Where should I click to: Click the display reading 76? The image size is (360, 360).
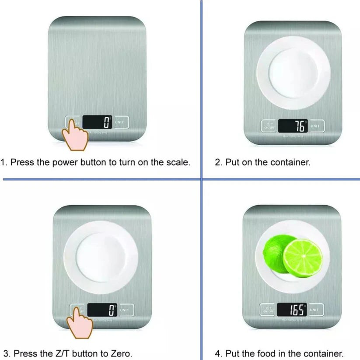tap(293, 126)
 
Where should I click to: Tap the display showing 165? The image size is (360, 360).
tap(293, 310)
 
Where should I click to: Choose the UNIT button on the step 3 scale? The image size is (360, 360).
tap(126, 310)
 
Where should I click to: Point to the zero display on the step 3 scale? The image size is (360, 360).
tap(102, 310)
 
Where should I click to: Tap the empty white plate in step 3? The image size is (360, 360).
tap(101, 257)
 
